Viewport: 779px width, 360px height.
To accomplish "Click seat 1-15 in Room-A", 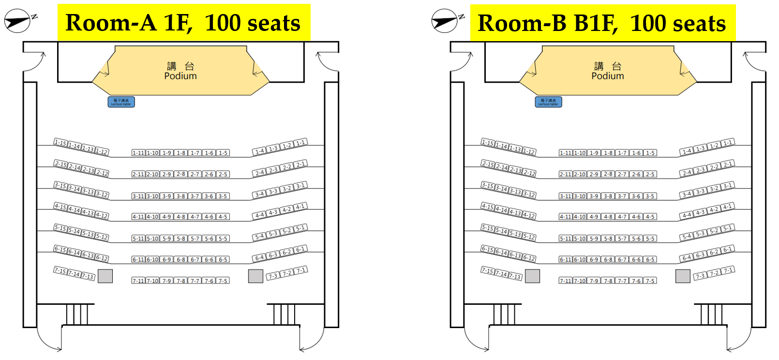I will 60,142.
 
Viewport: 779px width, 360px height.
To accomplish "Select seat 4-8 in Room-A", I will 181,217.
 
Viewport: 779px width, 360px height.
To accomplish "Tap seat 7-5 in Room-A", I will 223,281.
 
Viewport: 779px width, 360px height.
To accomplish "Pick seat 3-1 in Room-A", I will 300,186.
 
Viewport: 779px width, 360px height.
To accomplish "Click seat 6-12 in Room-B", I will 529,258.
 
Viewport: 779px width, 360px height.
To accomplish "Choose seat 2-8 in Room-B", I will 608,174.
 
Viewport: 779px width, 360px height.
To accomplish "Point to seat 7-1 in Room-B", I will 728,270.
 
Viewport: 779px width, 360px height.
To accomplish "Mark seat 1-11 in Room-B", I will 566,153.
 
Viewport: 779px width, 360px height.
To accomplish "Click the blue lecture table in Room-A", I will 121,102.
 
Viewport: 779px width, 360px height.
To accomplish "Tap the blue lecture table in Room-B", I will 548,102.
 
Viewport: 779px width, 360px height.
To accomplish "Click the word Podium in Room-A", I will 180,76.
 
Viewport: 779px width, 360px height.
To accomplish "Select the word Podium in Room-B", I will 608,76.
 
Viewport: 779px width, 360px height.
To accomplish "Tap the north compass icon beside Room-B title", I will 446,20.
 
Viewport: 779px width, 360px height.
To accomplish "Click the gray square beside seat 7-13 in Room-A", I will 105,276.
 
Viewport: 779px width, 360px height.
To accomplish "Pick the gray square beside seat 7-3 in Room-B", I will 683,276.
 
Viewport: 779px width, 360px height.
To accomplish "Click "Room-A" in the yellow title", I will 110,23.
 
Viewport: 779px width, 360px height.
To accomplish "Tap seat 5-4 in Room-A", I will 260,237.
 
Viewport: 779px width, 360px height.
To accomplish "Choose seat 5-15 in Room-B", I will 488,227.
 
